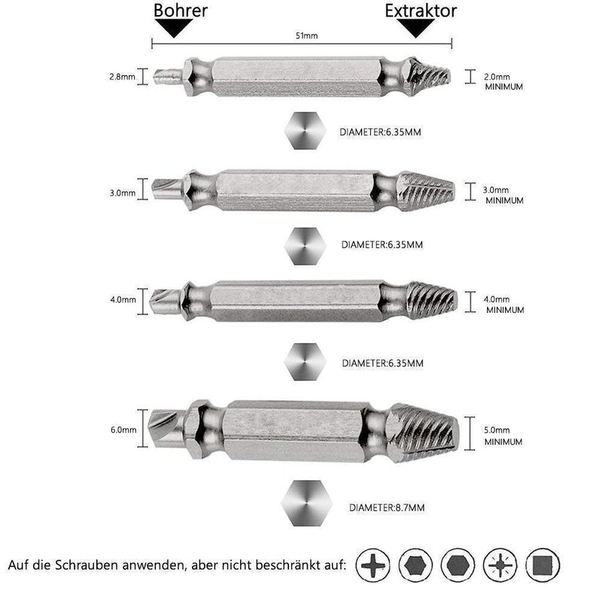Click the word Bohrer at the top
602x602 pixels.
[x=180, y=11]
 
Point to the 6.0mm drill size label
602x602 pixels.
[x=123, y=430]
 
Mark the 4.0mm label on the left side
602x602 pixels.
[x=123, y=299]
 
